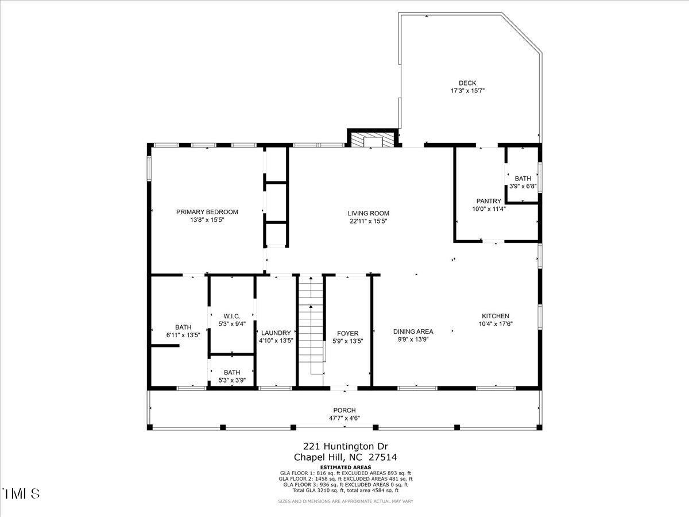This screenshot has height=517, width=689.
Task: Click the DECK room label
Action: [467, 83]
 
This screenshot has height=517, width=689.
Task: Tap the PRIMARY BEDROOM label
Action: [207, 212]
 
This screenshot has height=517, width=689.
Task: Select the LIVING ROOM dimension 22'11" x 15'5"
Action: [368, 221]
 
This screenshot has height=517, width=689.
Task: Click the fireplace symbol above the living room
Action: [373, 141]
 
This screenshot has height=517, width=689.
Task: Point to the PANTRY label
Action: [489, 201]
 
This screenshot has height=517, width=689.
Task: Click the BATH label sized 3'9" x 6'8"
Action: [522, 179]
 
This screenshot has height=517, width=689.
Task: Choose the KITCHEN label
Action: [496, 316]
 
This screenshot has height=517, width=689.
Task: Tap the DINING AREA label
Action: [413, 331]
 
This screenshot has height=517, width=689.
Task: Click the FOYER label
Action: [347, 333]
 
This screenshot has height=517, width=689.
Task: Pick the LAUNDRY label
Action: [276, 333]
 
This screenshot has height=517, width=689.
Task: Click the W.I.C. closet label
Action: [231, 317]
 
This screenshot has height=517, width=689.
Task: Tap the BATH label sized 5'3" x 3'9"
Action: [232, 372]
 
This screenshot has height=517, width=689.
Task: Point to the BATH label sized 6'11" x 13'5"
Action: [183, 327]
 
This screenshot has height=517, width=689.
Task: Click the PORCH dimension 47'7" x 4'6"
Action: [344, 418]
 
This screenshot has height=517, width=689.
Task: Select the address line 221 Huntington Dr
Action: [346, 446]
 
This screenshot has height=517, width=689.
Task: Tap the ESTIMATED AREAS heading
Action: [345, 468]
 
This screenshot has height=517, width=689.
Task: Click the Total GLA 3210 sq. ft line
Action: [345, 490]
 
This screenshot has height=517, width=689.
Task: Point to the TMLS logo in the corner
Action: [21, 493]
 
